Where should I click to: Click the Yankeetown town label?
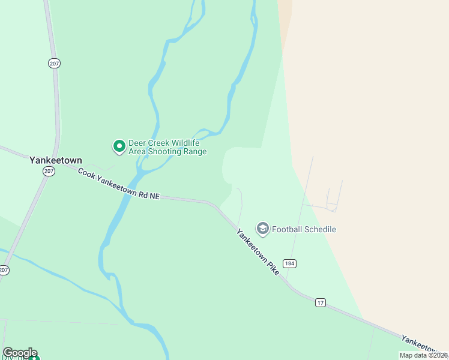pyautogui.click(x=55, y=160)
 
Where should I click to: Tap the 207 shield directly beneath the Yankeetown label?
pyautogui.click(x=49, y=172)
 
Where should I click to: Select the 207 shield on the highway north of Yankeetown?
pyautogui.click(x=55, y=63)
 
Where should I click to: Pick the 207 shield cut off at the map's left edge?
pyautogui.click(x=4, y=270)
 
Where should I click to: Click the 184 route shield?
pyautogui.click(x=291, y=263)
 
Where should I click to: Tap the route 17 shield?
pyautogui.click(x=321, y=302)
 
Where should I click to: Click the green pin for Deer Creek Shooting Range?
pyautogui.click(x=119, y=146)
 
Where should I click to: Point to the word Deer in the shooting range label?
pyautogui.click(x=138, y=143)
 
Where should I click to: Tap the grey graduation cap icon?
pyautogui.click(x=262, y=229)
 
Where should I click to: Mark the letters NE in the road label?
pyautogui.click(x=154, y=196)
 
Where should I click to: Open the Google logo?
pyautogui.click(x=20, y=353)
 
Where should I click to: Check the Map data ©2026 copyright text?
pyautogui.click(x=424, y=355)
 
